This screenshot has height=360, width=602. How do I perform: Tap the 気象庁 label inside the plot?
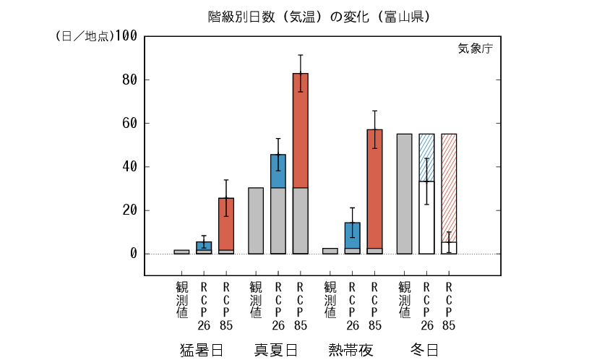click(x=474, y=49)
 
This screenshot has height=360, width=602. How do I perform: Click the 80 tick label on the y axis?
click(x=129, y=80)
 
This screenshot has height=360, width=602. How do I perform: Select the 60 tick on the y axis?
click(x=129, y=123)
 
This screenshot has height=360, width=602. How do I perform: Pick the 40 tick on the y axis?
click(x=129, y=167)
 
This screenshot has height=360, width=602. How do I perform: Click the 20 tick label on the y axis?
click(x=129, y=210)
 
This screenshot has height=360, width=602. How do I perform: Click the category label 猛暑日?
click(x=201, y=350)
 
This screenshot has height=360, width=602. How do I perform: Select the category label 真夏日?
click(x=275, y=350)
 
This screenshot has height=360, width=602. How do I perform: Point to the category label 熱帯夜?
click(x=351, y=350)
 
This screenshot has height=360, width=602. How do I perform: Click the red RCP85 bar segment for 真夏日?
click(x=300, y=130)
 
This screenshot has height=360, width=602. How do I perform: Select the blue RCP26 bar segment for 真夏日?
click(x=278, y=171)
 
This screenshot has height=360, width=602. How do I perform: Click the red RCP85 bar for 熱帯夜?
click(x=374, y=188)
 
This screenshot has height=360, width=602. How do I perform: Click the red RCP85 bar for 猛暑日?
click(x=226, y=224)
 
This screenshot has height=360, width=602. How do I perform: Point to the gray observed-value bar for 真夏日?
click(x=256, y=220)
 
